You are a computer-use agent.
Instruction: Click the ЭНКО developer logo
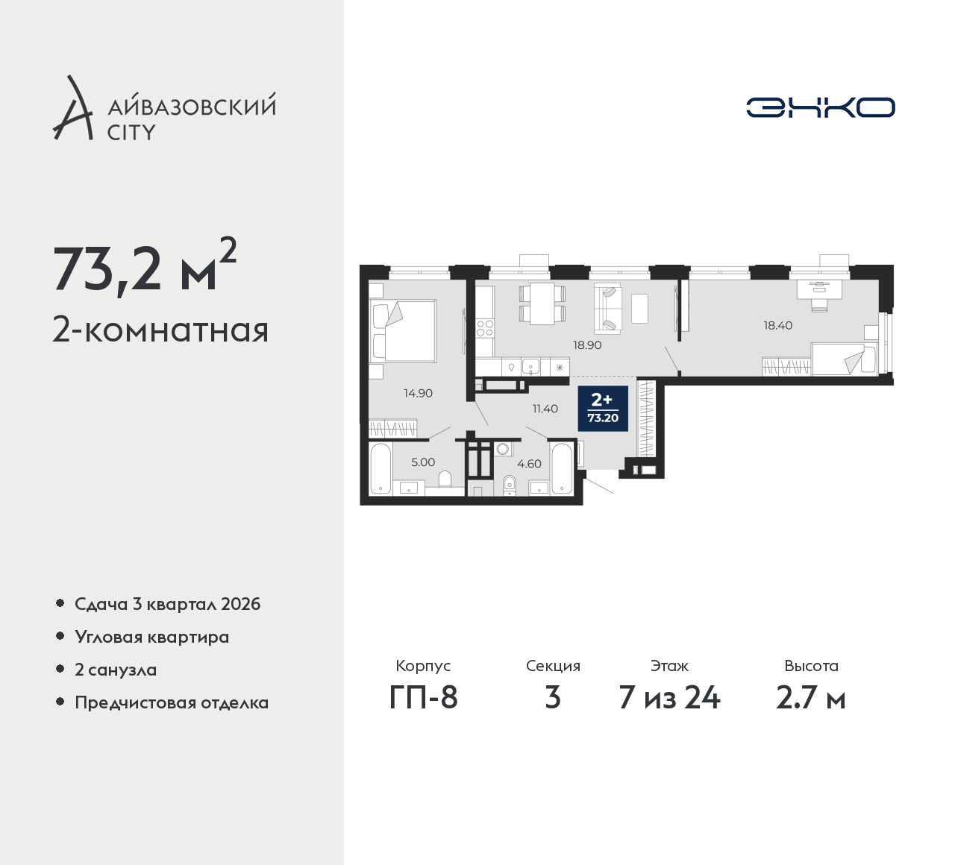pos(820,107)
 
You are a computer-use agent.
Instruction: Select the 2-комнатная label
pos(160,330)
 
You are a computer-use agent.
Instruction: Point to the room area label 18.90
pos(587,345)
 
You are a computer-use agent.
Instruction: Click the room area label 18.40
pos(778,325)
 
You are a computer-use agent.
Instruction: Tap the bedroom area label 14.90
pos(418,393)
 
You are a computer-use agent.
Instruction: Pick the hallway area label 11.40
pos(545,408)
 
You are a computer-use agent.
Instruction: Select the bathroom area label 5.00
pos(423,462)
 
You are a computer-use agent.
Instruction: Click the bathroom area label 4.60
pos(529,463)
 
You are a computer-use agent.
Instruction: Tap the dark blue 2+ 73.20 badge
pos(603,409)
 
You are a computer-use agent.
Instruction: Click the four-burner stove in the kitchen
pos(485,328)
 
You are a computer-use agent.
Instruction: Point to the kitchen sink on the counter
pos(530,367)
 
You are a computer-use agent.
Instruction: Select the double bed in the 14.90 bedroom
pos(402,330)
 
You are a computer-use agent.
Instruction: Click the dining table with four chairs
pos(542,303)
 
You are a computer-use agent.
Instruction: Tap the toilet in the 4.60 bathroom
pos(509,485)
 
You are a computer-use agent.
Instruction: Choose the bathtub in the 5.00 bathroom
pos(381,468)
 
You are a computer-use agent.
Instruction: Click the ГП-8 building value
pos(423,698)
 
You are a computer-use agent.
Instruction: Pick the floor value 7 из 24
pos(669,698)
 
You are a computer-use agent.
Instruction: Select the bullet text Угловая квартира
pos(152,637)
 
